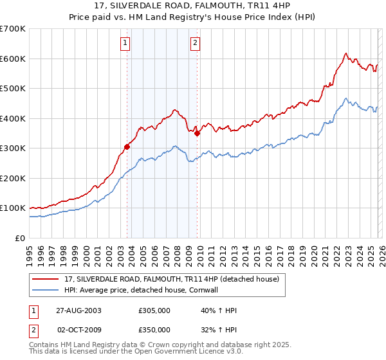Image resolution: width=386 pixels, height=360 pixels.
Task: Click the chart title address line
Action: [192, 6]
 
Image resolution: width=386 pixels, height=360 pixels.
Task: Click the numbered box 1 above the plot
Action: [125, 44]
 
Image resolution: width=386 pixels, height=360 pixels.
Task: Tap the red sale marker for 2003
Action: [127, 147]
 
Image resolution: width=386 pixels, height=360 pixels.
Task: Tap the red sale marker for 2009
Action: [198, 133]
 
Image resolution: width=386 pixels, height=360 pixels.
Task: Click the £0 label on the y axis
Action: [21, 238]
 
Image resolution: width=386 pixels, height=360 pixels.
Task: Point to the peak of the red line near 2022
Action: [345, 53]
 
